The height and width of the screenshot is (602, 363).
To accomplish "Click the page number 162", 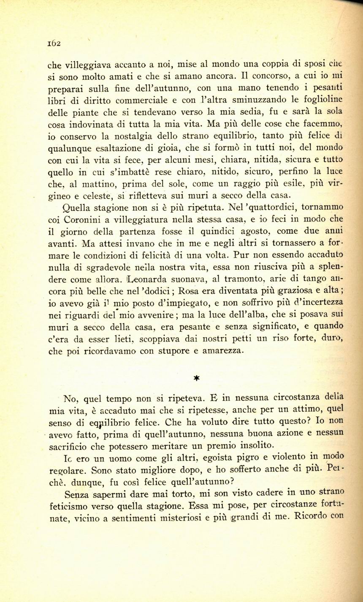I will click(54, 43).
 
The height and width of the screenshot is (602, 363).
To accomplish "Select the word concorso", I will click(269, 77).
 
